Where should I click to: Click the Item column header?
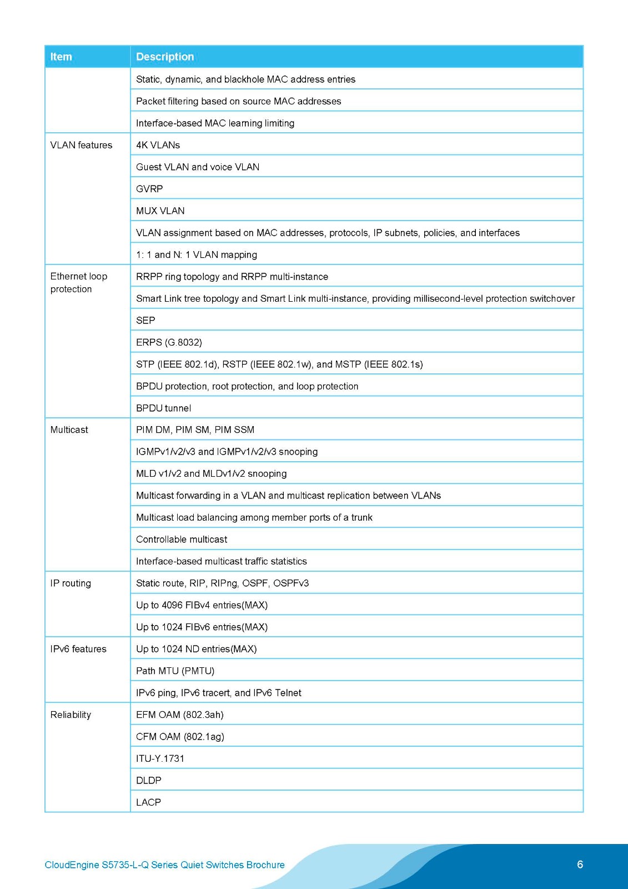click(x=61, y=57)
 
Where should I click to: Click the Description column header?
click(x=165, y=57)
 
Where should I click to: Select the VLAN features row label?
click(x=81, y=145)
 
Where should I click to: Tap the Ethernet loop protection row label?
click(x=78, y=282)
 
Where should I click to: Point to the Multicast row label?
click(x=69, y=429)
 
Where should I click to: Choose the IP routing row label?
click(x=71, y=583)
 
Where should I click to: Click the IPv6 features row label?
click(x=78, y=649)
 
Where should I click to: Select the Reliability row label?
click(x=71, y=715)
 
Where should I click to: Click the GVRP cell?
click(x=149, y=189)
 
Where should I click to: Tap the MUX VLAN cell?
click(x=160, y=211)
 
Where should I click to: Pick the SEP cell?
click(x=145, y=321)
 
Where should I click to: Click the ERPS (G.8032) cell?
click(x=169, y=342)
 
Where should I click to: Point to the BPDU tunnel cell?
click(x=163, y=408)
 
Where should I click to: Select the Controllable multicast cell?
click(x=182, y=540)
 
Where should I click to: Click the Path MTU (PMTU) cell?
click(x=175, y=671)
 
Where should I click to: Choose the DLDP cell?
click(x=149, y=780)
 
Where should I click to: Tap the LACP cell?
click(x=148, y=802)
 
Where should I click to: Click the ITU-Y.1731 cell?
click(x=160, y=758)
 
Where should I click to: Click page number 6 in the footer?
click(x=580, y=864)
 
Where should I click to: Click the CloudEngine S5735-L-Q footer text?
click(x=164, y=865)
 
